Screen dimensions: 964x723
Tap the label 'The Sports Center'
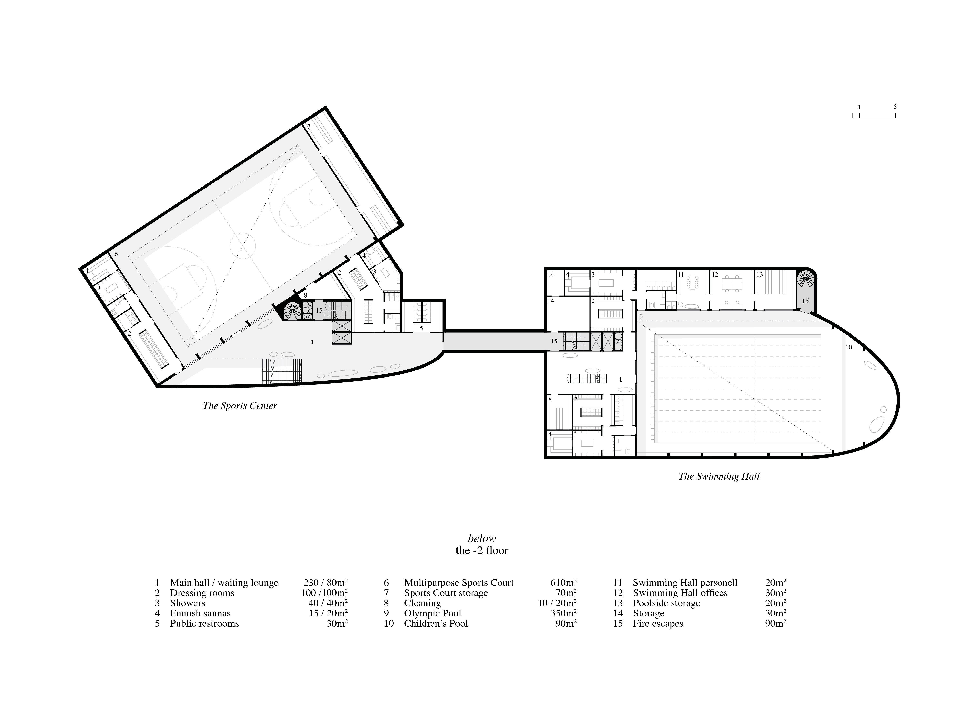point(240,406)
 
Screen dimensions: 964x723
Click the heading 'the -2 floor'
point(482,550)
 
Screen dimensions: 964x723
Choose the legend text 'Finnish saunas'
point(200,613)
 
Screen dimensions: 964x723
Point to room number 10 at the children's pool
point(848,347)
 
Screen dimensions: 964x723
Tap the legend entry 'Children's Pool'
point(436,624)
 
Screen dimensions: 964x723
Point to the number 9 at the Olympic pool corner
point(641,316)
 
